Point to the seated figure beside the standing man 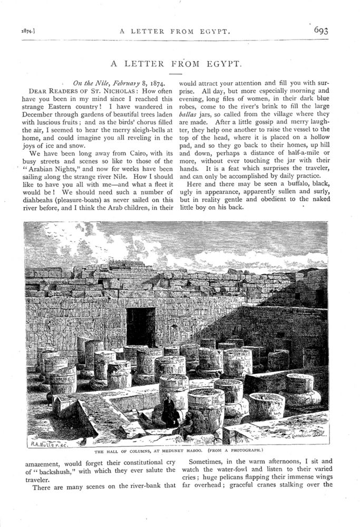186,425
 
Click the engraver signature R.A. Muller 47,443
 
